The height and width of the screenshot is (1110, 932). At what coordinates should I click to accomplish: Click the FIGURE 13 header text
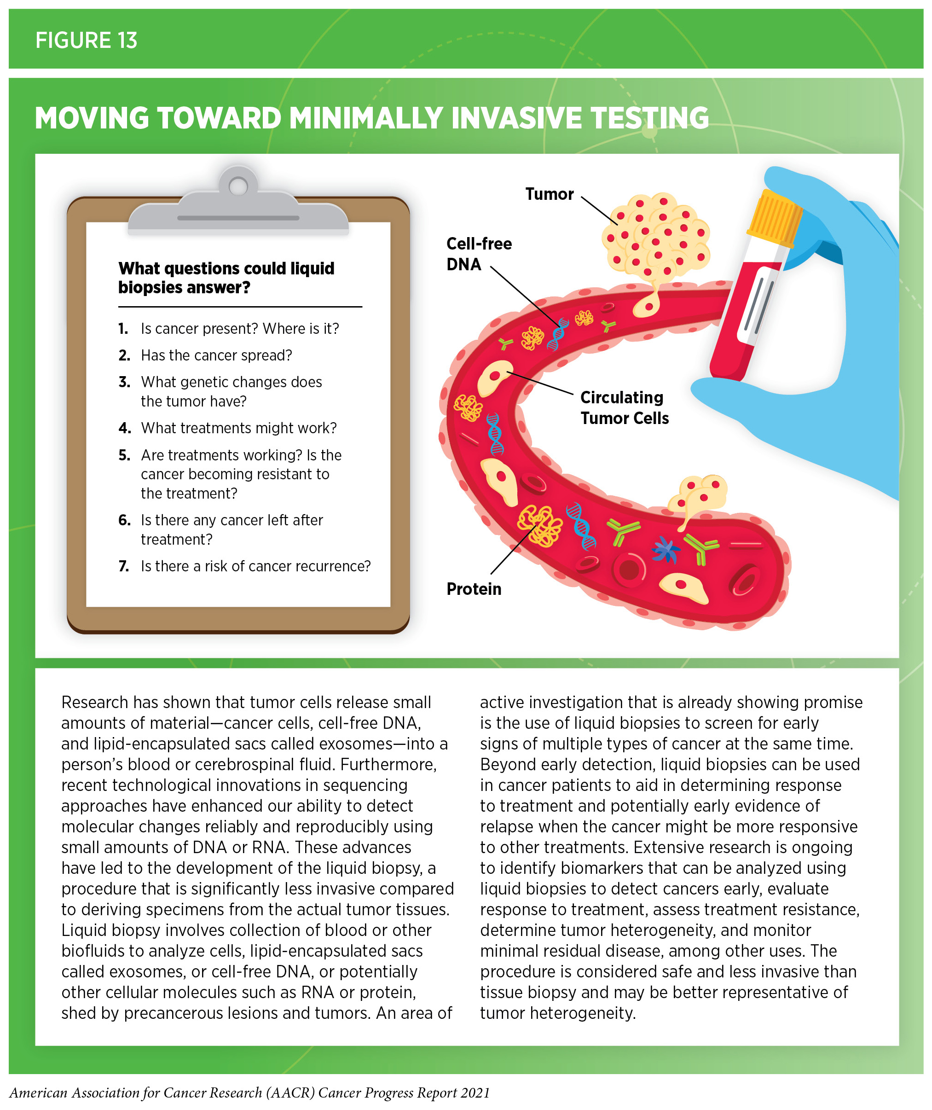tap(86, 40)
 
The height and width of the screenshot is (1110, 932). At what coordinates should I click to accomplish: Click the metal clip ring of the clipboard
tap(238, 186)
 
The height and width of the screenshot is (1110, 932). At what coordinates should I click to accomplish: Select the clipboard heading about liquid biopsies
tap(226, 278)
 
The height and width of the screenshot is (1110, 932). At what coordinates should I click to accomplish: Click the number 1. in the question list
tap(123, 329)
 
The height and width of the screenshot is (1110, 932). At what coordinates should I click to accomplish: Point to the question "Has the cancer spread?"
tap(216, 355)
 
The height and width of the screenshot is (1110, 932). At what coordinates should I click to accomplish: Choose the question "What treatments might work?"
tap(238, 428)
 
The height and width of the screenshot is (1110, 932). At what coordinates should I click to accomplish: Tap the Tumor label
tap(549, 194)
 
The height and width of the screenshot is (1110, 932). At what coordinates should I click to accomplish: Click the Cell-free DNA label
tap(478, 254)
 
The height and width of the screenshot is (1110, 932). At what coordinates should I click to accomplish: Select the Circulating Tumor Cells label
tap(624, 407)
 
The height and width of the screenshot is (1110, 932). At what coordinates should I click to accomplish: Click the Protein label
tap(474, 589)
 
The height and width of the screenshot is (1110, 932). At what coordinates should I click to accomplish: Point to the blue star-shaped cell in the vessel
tap(665, 550)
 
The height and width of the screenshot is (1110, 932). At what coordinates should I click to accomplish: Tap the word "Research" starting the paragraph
tap(94, 702)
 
